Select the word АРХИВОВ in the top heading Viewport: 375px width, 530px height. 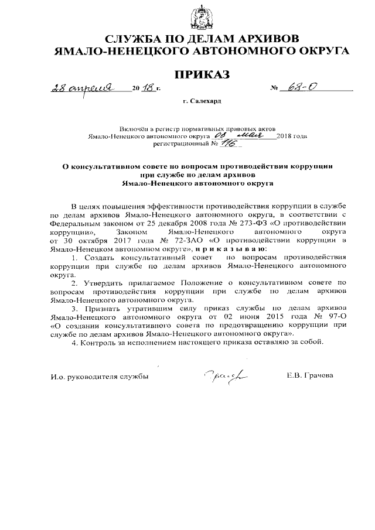pos(267,39)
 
